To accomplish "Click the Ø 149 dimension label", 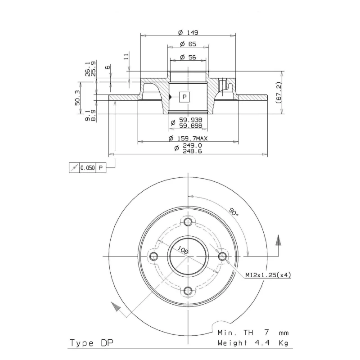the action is [x=188, y=32].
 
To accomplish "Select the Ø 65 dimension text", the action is [x=188, y=44].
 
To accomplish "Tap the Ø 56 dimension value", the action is [x=188, y=57].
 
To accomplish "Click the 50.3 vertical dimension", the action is [x=77, y=98].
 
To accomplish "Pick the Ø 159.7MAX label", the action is [x=188, y=139].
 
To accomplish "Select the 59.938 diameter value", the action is [x=190, y=120].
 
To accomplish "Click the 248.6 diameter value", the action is [x=192, y=151].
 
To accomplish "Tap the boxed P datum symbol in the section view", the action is [x=184, y=97].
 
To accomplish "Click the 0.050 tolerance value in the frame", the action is [x=87, y=168].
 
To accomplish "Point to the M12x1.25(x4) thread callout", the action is [x=268, y=275].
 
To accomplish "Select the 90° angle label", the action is [x=234, y=211].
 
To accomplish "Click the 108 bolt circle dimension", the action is [x=183, y=250].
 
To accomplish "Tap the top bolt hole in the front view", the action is [x=188, y=222].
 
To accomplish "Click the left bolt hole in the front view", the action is [x=153, y=256].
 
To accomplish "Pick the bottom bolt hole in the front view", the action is [x=188, y=291].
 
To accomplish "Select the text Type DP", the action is [x=91, y=343].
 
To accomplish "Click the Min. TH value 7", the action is [x=266, y=333].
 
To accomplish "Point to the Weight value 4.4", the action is [x=262, y=343].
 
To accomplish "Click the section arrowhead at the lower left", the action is [x=116, y=307].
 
